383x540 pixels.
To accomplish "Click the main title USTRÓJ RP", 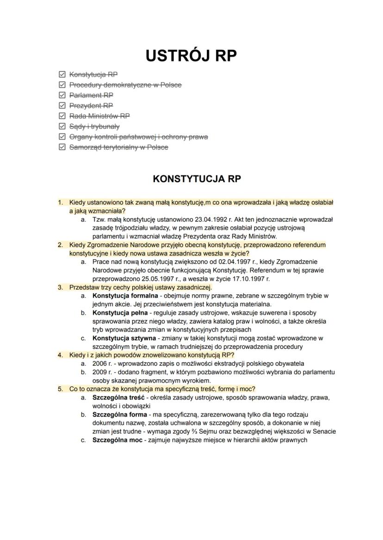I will [191, 55].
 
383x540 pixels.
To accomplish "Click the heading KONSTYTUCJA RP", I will [197, 179].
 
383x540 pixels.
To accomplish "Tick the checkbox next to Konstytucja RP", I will [62, 74].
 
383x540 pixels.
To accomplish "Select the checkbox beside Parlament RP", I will [62, 95].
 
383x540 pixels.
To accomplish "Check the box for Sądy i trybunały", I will [62, 127].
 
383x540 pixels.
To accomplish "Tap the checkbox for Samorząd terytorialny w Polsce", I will [62, 147].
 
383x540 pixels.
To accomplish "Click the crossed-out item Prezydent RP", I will [91, 106].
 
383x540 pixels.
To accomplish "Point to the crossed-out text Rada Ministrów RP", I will [99, 116].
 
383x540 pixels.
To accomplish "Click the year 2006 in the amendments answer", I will [99, 364].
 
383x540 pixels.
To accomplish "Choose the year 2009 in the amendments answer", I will [99, 372].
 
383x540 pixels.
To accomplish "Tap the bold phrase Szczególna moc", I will [117, 440].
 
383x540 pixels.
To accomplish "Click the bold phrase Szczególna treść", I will [118, 397].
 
